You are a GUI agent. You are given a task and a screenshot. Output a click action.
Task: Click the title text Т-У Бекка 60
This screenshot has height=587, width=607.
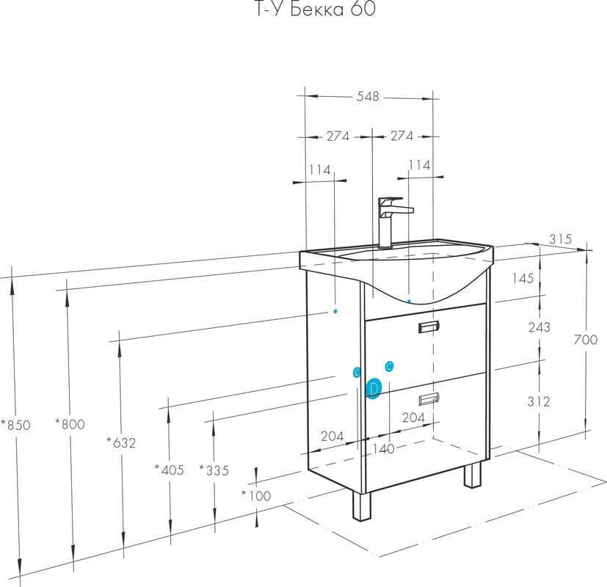coord(316,9)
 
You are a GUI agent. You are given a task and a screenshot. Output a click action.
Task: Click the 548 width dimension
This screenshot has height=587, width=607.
coord(368,96)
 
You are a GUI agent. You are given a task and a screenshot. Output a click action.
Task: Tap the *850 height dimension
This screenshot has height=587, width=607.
coord(15,425)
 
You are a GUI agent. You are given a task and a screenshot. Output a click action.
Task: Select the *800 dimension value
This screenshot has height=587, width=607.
coord(70,424)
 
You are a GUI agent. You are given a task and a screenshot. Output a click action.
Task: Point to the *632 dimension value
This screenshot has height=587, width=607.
coord(121,442)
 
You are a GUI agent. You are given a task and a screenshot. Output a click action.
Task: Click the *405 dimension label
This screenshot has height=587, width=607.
coord(169,470)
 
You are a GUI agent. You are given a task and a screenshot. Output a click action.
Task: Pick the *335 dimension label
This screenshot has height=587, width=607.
coord(214,470)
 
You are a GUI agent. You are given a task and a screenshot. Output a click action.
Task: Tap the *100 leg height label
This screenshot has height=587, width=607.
coord(256,495)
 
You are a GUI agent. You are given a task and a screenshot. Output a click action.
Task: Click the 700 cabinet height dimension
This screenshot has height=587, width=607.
coord(586,340)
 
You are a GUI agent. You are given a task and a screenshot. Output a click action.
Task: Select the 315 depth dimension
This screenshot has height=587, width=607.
coord(560,238)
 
